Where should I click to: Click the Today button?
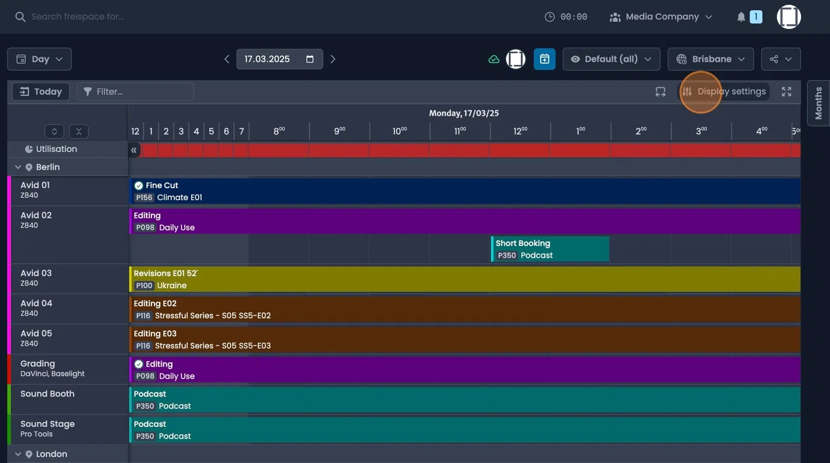coord(41,92)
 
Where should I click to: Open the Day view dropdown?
coord(39,59)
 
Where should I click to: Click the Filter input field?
coord(136,92)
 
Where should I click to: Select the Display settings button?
coord(724,92)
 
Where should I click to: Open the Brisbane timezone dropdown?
coord(710,59)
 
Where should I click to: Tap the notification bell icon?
coord(741,17)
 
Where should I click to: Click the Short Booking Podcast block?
coord(550,249)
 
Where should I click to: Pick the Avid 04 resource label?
coord(36,303)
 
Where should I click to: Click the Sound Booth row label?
coord(47,394)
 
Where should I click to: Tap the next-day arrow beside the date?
coord(333,59)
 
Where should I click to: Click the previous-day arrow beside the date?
coord(227,59)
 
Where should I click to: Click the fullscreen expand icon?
coord(787,92)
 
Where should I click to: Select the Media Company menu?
coord(662,17)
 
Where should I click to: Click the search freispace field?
coord(78,17)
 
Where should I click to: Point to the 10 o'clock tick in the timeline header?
coord(399,131)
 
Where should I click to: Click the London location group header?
coord(51,454)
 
